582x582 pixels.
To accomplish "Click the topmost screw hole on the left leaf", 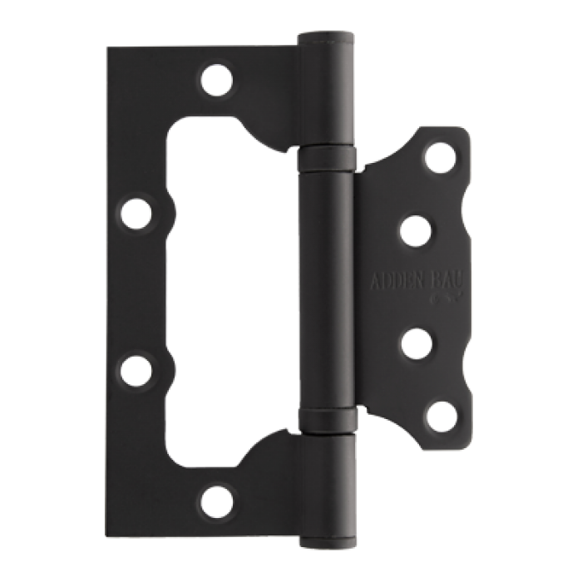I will pyautogui.click(x=217, y=80).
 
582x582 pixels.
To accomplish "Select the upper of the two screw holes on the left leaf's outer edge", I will pyautogui.click(x=137, y=214).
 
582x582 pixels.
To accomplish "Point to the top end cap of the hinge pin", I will pyautogui.click(x=327, y=37).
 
